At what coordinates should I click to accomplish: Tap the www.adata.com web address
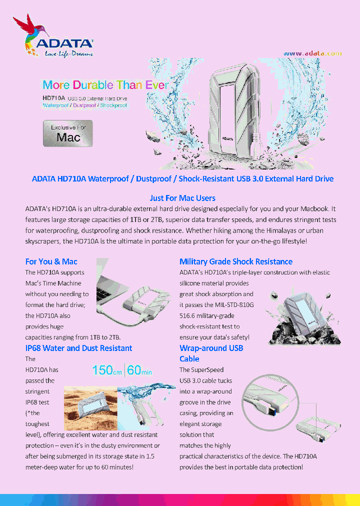[312, 53]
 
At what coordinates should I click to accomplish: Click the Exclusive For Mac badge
[68, 133]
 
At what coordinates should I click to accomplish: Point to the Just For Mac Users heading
[182, 198]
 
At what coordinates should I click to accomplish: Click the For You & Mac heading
[51, 261]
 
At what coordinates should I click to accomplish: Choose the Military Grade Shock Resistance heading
[236, 261]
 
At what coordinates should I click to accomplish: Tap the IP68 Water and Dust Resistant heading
[79, 348]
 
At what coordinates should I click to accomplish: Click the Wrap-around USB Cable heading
[211, 353]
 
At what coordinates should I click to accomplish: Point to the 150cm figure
[107, 370]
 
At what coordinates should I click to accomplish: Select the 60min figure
[139, 370]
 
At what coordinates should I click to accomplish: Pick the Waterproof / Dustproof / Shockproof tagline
[84, 105]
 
